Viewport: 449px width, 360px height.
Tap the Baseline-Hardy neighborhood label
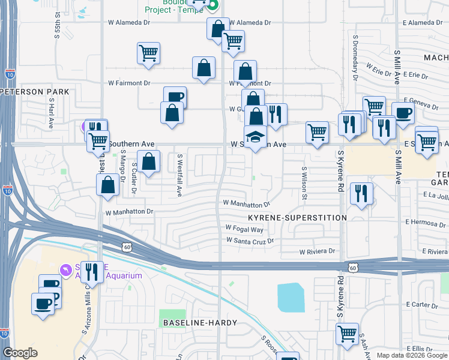200,323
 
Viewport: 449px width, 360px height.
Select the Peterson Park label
35,92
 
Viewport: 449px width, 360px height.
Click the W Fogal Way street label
244,229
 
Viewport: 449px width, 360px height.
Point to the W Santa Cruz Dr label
250,240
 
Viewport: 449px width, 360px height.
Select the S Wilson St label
305,184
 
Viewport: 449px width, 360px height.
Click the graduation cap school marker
255,137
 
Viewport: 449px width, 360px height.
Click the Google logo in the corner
20,353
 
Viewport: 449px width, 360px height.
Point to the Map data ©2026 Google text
412,355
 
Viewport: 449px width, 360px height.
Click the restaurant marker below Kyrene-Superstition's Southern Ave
361,193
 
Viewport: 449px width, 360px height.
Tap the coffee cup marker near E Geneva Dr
402,112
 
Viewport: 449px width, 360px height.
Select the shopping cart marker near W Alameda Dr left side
148,53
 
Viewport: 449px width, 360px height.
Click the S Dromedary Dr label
355,65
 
